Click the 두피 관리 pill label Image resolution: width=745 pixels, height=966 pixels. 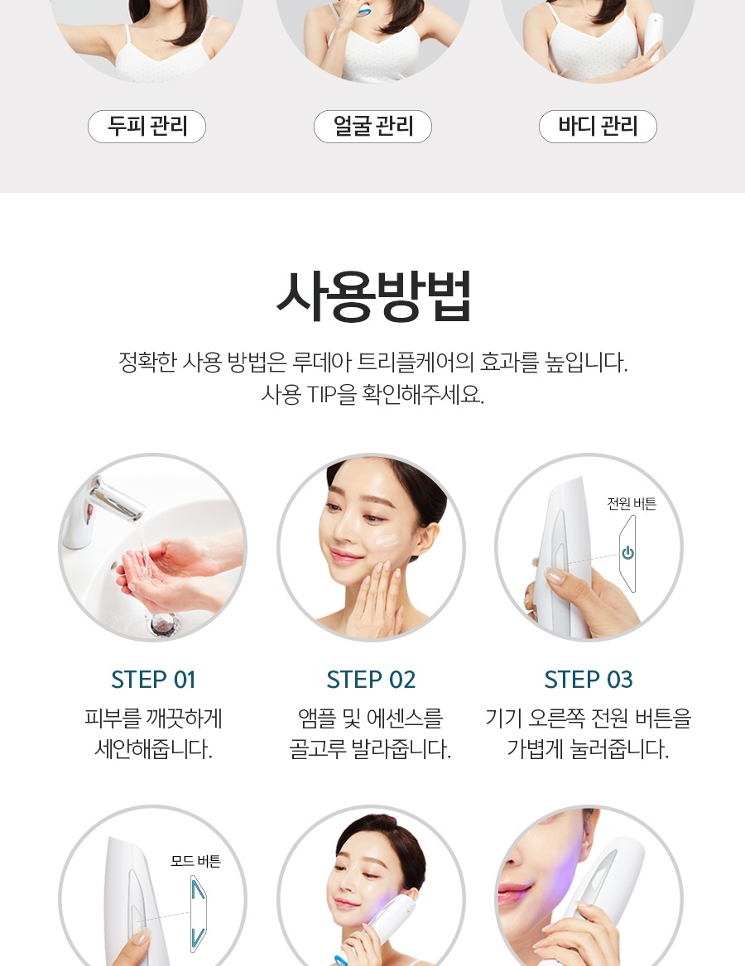147,127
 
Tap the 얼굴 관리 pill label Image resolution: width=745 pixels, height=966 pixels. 372,127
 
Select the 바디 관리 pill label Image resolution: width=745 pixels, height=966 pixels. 598,127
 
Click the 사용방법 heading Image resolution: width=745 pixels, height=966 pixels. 372,297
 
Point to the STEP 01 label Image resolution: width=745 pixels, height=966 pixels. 153,680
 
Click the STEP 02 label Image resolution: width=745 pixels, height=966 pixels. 371,680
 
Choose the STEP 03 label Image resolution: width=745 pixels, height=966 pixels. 589,680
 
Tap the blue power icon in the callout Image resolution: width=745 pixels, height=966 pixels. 627,553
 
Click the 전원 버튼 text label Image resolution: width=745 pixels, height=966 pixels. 632,503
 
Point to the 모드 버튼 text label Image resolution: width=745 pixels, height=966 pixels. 195,861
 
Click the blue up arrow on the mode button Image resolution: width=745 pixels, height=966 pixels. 198,890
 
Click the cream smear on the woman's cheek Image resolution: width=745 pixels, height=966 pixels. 385,541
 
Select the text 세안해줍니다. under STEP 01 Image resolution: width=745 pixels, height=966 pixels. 153,749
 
